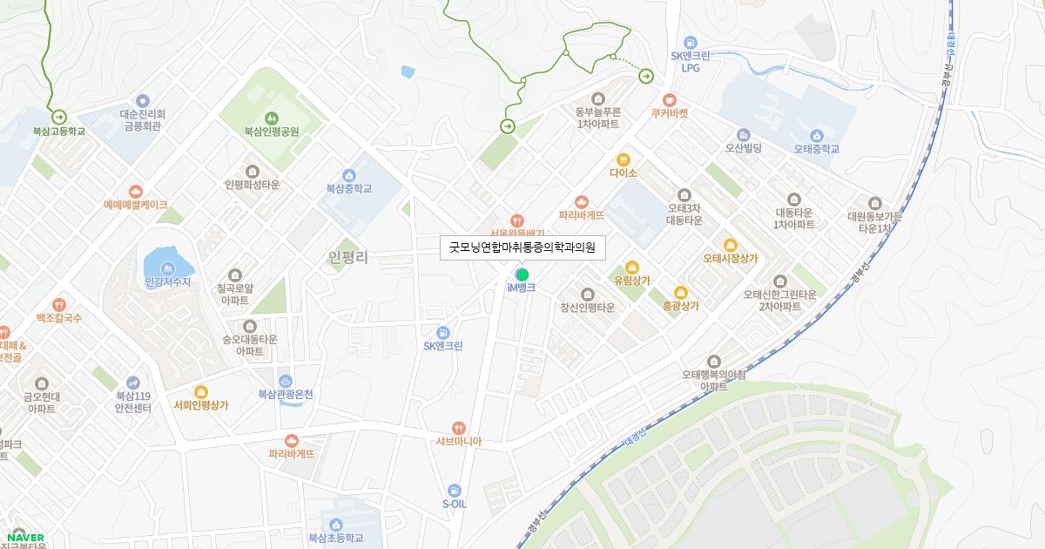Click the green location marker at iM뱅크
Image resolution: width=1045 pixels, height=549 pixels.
point(522,275)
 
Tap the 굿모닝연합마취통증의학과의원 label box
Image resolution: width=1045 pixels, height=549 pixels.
point(522,248)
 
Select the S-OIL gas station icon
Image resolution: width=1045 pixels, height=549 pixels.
point(454,491)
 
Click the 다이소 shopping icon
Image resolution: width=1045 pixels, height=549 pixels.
point(624,159)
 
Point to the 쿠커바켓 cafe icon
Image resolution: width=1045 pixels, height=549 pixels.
point(669,100)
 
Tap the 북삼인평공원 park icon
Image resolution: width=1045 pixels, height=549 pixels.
point(271,118)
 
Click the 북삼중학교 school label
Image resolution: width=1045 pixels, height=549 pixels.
point(348,188)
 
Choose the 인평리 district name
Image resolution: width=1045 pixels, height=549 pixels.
point(348,257)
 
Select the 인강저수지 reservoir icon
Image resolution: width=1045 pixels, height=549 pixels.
point(168,268)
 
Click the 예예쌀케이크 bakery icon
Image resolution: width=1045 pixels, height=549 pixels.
point(135,192)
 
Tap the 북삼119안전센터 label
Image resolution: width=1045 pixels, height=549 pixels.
point(133,401)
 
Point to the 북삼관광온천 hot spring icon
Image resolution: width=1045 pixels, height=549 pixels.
point(286,381)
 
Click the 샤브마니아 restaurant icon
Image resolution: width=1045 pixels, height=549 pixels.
point(459,428)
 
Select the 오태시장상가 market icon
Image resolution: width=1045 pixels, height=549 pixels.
point(731,245)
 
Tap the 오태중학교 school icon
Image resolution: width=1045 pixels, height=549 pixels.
point(816,135)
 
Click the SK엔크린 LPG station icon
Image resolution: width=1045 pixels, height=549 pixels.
point(691,42)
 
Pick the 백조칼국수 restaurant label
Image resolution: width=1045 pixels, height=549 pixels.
point(58,318)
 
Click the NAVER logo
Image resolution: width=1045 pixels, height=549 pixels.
point(24,538)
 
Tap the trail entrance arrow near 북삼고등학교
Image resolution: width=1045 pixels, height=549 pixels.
point(59,117)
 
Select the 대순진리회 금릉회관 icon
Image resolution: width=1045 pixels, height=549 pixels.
point(143,101)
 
